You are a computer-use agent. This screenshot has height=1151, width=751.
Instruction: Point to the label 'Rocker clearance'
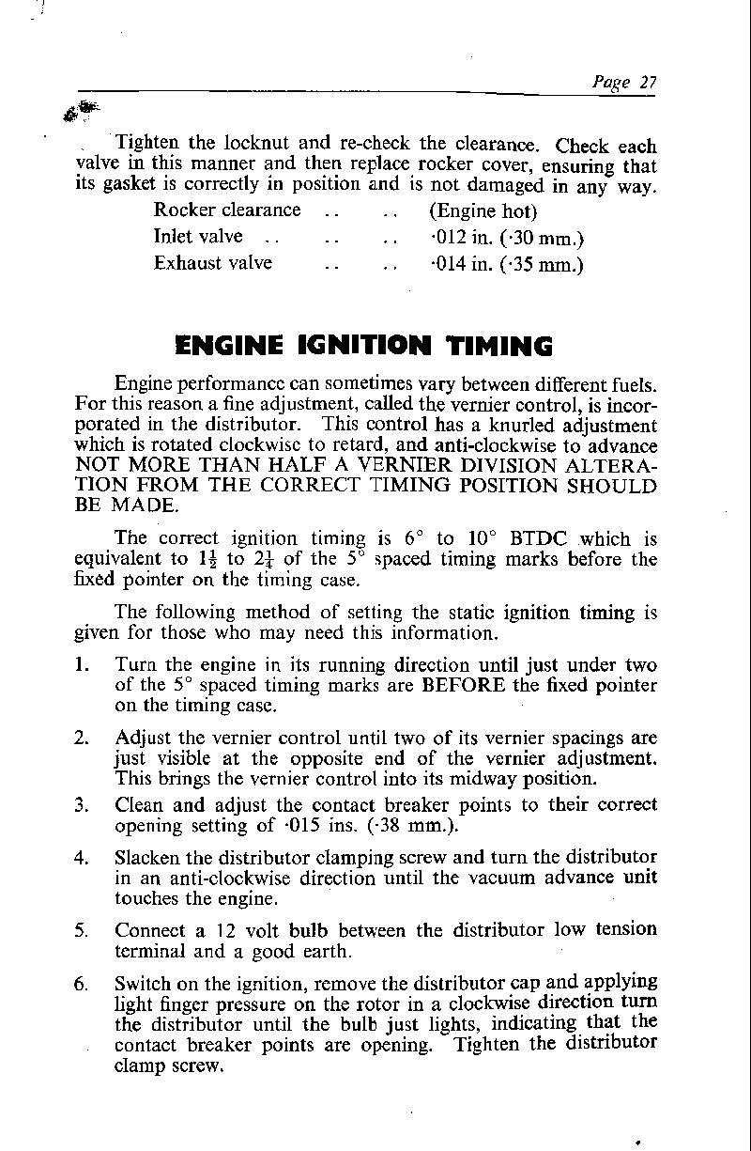coord(227,210)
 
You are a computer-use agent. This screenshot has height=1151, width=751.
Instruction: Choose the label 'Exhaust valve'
coord(213,263)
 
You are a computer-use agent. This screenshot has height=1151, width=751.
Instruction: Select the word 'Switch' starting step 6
coord(143,983)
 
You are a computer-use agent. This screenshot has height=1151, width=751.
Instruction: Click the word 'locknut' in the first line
coord(256,144)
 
